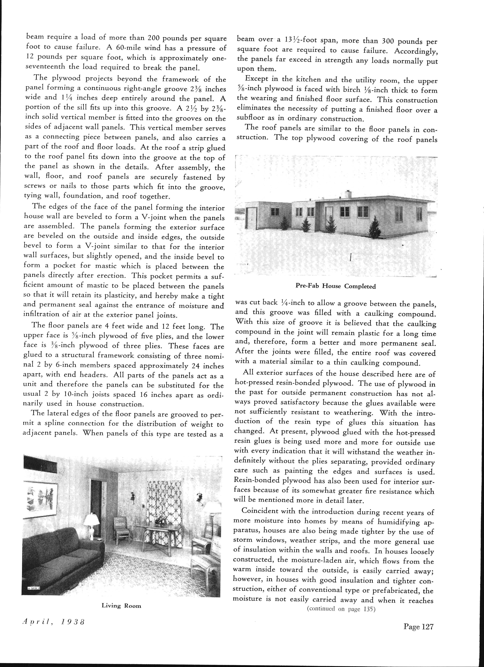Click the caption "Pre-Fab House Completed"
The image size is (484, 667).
pos(336,286)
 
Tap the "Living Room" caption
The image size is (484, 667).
pos(121,606)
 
